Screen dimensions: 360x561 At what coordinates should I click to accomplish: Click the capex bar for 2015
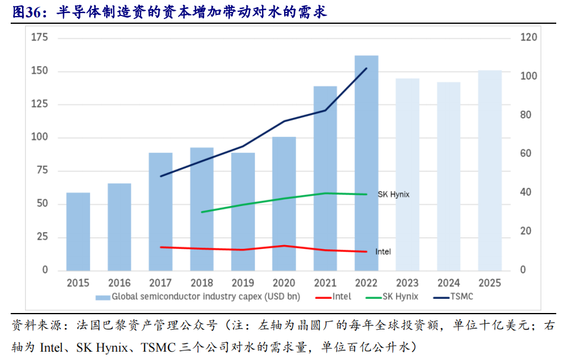pos(78,231)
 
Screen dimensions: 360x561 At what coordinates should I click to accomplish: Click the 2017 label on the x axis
pos(160,283)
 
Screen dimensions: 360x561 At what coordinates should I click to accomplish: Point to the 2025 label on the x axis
pos(490,283)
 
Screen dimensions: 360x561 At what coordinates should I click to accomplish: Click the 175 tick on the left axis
pos(39,38)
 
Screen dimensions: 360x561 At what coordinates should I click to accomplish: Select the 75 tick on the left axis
pos(42,171)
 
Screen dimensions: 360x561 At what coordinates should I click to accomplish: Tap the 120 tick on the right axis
pos(529,38)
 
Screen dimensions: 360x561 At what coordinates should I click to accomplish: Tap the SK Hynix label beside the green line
pos(394,195)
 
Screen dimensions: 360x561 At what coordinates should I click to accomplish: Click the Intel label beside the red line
pos(383,252)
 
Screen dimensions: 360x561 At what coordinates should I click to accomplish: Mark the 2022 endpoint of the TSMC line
pos(366,68)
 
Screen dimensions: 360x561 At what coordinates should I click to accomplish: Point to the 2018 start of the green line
pos(202,212)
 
